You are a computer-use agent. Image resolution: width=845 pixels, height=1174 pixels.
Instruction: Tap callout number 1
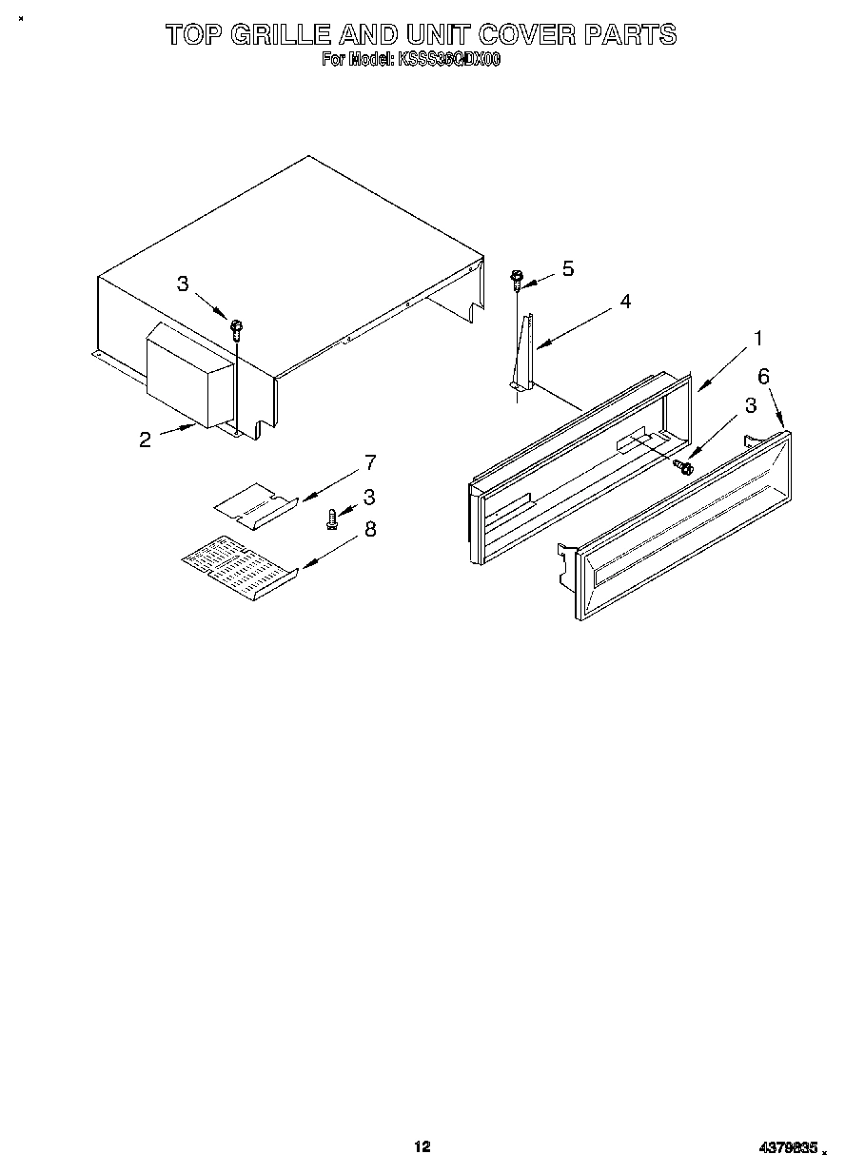[x=757, y=338]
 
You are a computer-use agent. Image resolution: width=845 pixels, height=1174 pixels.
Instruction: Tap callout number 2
[x=145, y=440]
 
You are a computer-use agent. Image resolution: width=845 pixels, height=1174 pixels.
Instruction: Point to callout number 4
[x=624, y=302]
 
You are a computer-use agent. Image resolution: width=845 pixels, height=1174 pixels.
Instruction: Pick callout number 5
[x=568, y=268]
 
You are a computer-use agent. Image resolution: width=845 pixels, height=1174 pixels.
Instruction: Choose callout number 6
[x=763, y=376]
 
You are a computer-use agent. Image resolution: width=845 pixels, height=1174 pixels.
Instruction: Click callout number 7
[x=369, y=463]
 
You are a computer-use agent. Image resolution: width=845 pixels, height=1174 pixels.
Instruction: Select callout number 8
[x=369, y=529]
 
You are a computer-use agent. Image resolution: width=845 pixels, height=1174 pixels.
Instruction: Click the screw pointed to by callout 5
[x=517, y=278]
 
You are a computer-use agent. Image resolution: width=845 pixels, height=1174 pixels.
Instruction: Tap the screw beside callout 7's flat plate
[x=332, y=518]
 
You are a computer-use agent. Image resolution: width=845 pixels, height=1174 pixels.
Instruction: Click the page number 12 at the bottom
[x=422, y=1146]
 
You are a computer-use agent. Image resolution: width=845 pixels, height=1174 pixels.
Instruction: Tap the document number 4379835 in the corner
[x=788, y=1148]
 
